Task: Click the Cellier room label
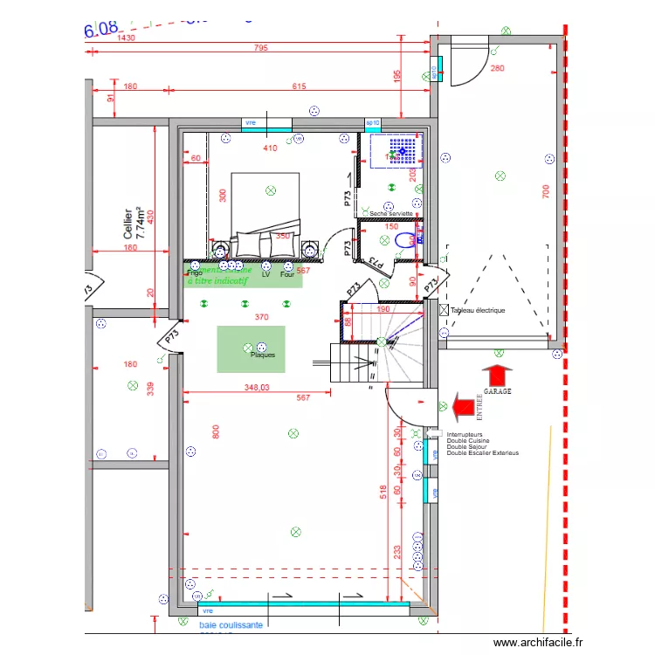[x=128, y=223]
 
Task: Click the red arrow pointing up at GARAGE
[x=497, y=376]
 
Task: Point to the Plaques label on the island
[x=263, y=355]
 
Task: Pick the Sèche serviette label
[x=390, y=213]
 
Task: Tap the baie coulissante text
[x=231, y=625]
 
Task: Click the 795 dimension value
[x=261, y=48]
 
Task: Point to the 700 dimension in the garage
[x=544, y=190]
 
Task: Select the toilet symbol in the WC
[x=406, y=240]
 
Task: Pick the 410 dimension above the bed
[x=270, y=148]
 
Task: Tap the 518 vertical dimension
[x=383, y=494]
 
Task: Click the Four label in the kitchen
[x=286, y=273]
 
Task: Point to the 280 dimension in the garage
[x=497, y=68]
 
